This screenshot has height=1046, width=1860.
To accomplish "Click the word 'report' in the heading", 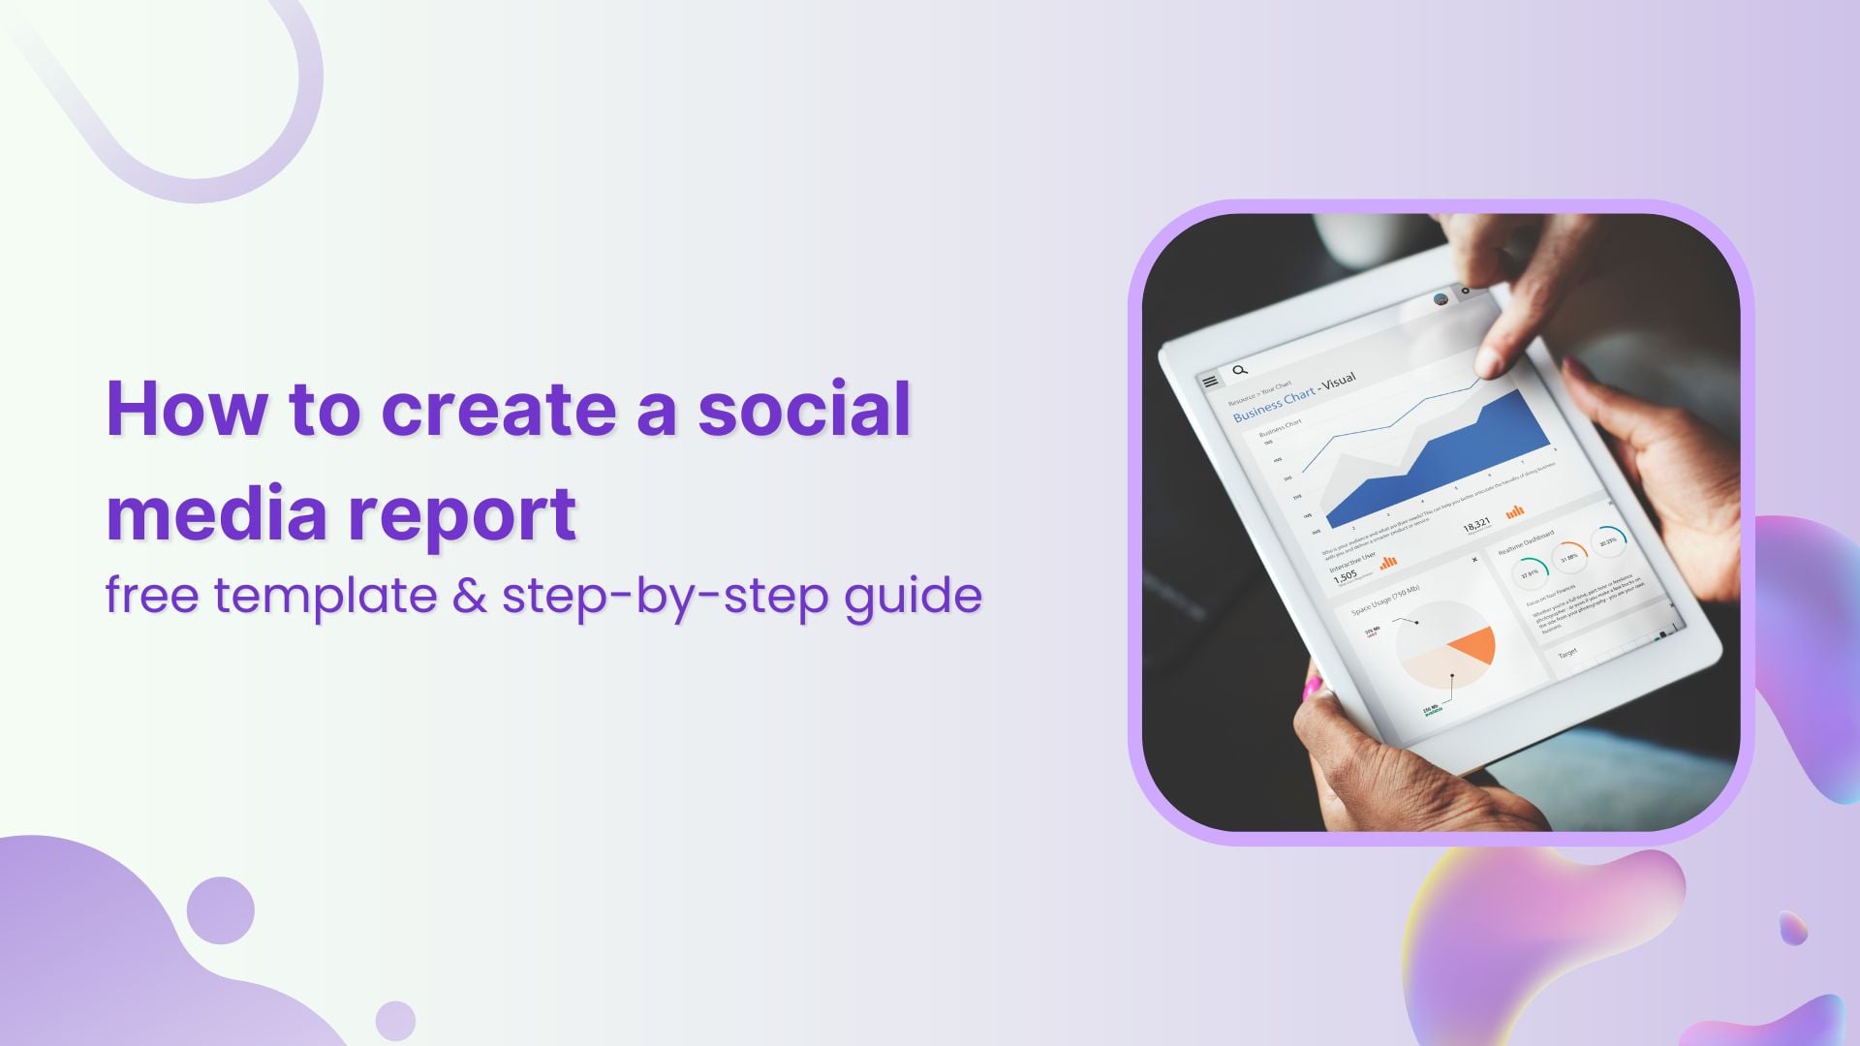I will [x=462, y=515].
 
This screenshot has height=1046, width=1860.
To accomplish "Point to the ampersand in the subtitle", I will [x=470, y=595].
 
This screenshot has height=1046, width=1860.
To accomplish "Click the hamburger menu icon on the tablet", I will [x=1210, y=382].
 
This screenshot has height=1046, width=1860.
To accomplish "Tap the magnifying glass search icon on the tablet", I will [x=1240, y=370].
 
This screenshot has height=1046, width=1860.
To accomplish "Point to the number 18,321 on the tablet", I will [x=1476, y=526].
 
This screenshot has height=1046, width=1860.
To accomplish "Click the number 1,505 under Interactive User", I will [x=1346, y=576].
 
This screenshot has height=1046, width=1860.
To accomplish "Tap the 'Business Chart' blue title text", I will [x=1273, y=405].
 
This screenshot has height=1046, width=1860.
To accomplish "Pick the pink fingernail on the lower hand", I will [x=1314, y=688].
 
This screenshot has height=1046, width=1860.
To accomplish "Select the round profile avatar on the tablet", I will [x=1441, y=299].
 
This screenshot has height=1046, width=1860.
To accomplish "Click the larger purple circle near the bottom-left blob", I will [x=221, y=910].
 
